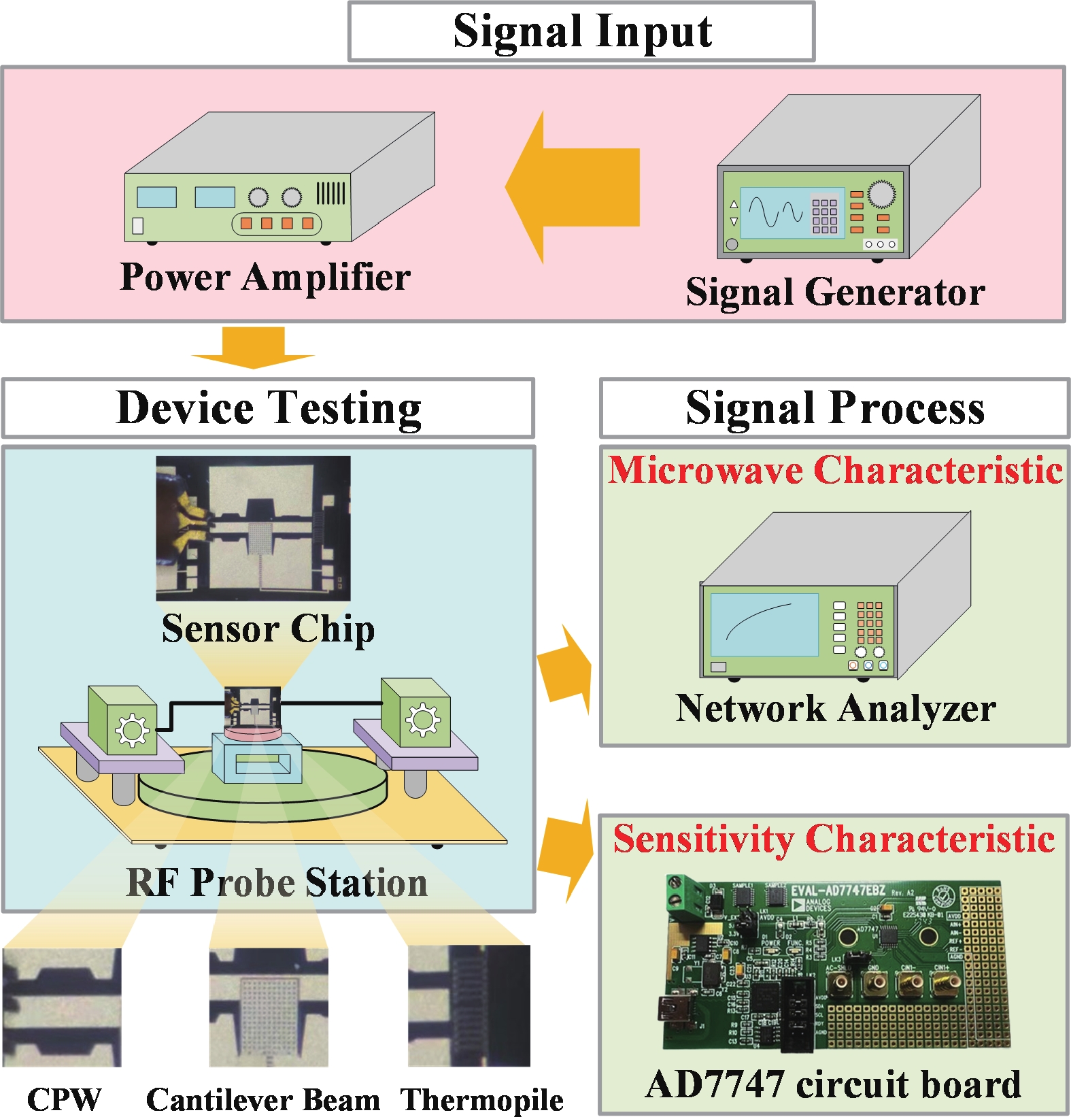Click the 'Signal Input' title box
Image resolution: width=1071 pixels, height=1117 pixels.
[x=581, y=31]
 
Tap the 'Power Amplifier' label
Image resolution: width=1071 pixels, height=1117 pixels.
[x=265, y=277]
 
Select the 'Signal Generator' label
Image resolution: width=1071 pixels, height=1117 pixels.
[x=835, y=292]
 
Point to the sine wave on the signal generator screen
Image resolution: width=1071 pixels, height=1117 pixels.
[x=775, y=212]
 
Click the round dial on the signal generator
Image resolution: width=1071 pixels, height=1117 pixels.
[x=881, y=194]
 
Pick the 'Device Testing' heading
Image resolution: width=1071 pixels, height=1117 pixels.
[x=269, y=408]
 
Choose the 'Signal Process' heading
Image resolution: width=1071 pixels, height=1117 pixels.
[x=835, y=408]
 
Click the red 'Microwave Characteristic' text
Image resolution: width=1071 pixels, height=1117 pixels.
[x=835, y=470]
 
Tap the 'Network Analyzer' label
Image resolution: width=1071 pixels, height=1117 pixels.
[x=835, y=708]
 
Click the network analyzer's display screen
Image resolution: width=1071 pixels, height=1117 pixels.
[x=764, y=624]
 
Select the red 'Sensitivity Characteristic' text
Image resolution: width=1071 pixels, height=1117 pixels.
[x=834, y=838]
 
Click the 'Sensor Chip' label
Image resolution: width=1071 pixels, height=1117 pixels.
[x=268, y=629]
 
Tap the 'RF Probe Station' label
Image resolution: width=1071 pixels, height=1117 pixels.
[x=277, y=882]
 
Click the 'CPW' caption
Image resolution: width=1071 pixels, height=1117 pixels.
[x=64, y=1099]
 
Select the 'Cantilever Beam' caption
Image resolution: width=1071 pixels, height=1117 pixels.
[x=263, y=1099]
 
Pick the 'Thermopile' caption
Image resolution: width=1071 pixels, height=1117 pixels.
[x=481, y=1099]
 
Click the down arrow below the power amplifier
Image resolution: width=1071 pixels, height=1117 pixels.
[x=253, y=348]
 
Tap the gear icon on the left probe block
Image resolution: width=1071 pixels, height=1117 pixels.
[x=131, y=730]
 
